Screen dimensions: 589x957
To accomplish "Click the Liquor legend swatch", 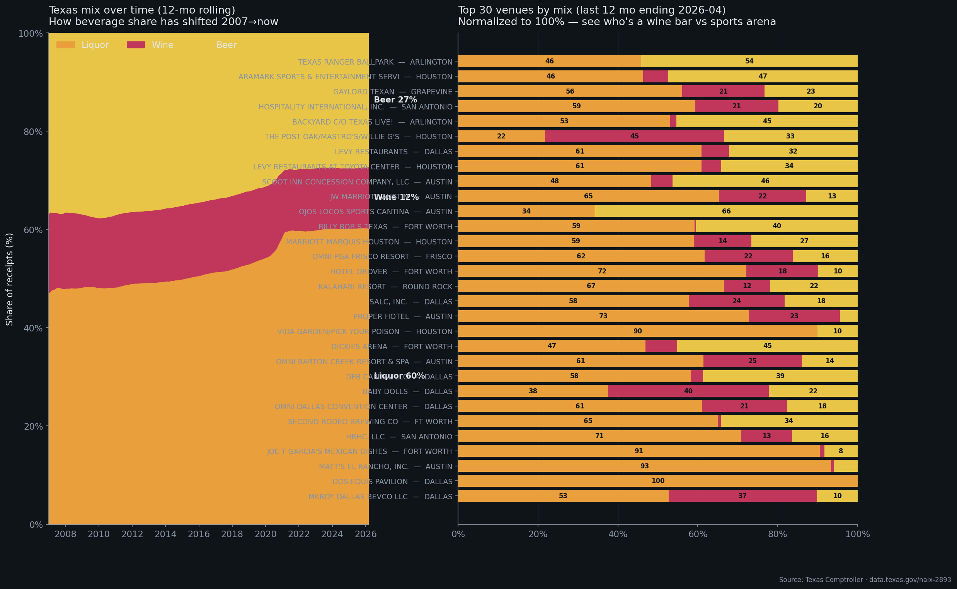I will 65,45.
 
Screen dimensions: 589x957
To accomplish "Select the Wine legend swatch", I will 136,45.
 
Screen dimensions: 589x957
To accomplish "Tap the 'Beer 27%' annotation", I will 395,100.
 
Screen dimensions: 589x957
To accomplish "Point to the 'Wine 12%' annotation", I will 396,198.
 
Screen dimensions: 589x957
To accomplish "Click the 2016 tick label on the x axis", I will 199,534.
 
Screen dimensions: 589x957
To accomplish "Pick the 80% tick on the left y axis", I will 33,131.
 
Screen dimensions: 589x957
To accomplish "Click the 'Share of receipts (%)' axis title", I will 10,279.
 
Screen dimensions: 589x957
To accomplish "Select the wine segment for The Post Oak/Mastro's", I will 634,137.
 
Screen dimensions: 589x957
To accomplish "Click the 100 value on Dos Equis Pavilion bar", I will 657,481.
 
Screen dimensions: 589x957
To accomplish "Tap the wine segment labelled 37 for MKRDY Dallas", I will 742,496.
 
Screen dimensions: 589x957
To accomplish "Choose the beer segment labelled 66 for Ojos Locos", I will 726,212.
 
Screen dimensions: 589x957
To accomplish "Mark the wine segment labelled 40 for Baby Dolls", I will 688,391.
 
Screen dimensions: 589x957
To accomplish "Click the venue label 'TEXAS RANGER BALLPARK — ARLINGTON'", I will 375,62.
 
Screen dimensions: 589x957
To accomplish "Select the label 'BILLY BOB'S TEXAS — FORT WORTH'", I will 385,227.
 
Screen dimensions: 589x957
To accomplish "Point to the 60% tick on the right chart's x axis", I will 698,534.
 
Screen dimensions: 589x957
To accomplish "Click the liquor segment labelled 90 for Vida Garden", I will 637,331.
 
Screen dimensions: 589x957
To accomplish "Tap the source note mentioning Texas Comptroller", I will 865,580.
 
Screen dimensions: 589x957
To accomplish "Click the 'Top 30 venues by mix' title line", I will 591,10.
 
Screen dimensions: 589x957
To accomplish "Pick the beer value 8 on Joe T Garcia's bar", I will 841,451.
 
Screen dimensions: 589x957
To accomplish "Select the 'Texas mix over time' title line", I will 142,10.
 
